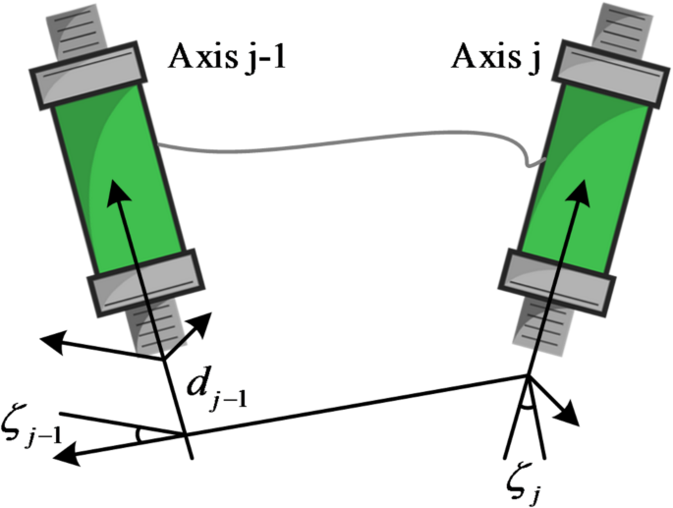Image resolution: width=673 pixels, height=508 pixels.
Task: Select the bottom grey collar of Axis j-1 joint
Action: tap(147, 280)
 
